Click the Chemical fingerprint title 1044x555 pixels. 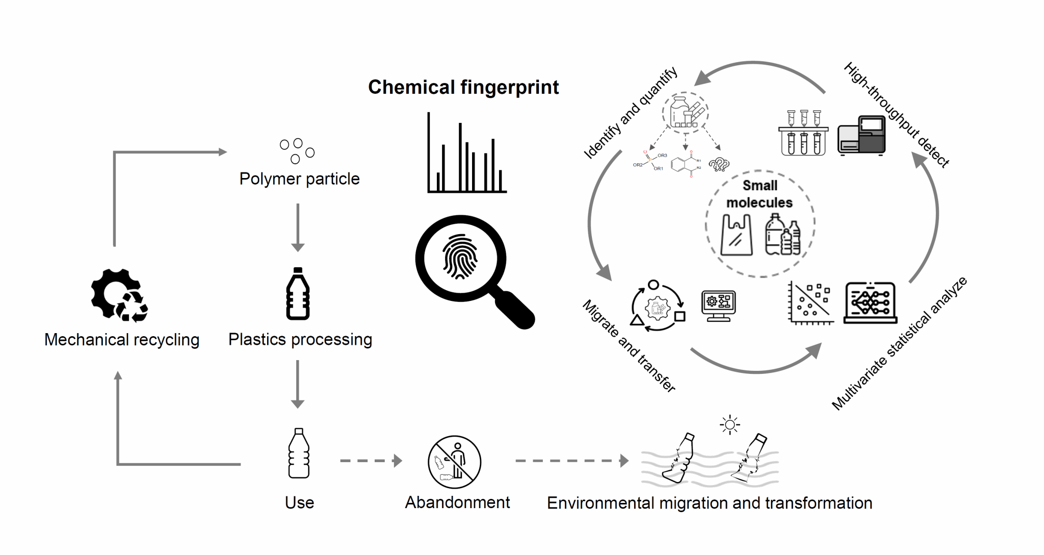(x=463, y=87)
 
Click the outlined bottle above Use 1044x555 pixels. (x=299, y=453)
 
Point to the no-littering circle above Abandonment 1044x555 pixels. (x=454, y=462)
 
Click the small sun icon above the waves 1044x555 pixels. (x=729, y=424)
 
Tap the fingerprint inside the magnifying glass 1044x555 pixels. (x=460, y=257)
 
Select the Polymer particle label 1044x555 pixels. (x=299, y=179)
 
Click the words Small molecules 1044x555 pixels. (x=760, y=194)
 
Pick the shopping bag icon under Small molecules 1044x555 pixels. (x=737, y=235)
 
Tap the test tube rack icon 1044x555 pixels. (x=803, y=133)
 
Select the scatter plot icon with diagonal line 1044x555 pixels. (x=811, y=303)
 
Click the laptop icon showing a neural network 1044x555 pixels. (x=870, y=303)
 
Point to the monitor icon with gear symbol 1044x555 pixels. (x=719, y=305)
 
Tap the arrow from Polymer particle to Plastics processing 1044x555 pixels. (x=298, y=227)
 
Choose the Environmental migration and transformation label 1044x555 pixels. (x=710, y=503)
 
